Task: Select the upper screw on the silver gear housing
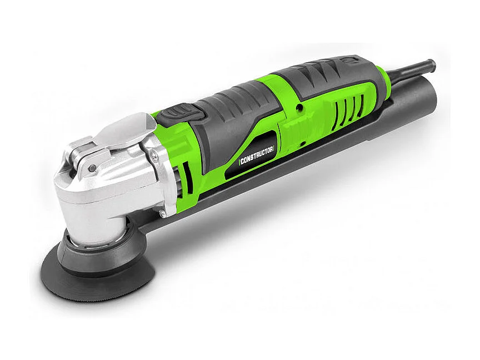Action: tap(155, 158)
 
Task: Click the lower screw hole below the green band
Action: tap(303, 144)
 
